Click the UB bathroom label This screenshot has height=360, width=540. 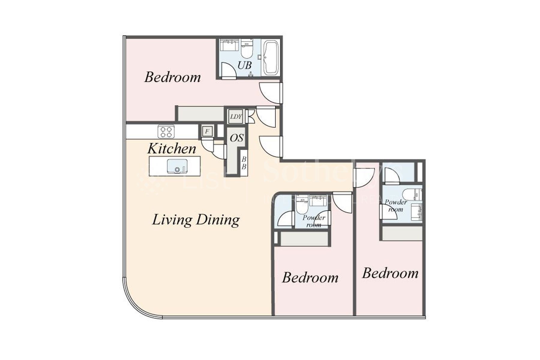coord(244,65)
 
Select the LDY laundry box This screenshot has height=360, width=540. coord(236,116)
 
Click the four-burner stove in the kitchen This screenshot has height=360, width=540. coord(166,131)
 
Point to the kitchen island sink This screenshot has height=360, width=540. coord(177,166)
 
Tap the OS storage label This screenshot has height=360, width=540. coord(237,138)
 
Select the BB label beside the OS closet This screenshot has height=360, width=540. coord(244,163)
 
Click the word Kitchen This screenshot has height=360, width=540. coord(172,148)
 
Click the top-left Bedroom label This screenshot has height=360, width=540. coord(172,77)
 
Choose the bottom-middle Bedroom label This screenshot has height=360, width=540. coord(310,277)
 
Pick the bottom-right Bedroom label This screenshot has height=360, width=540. coord(390,273)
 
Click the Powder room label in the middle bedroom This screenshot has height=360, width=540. coord(314,221)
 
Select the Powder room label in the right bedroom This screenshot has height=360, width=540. coord(396,205)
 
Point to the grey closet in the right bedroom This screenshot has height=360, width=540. coord(402,233)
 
